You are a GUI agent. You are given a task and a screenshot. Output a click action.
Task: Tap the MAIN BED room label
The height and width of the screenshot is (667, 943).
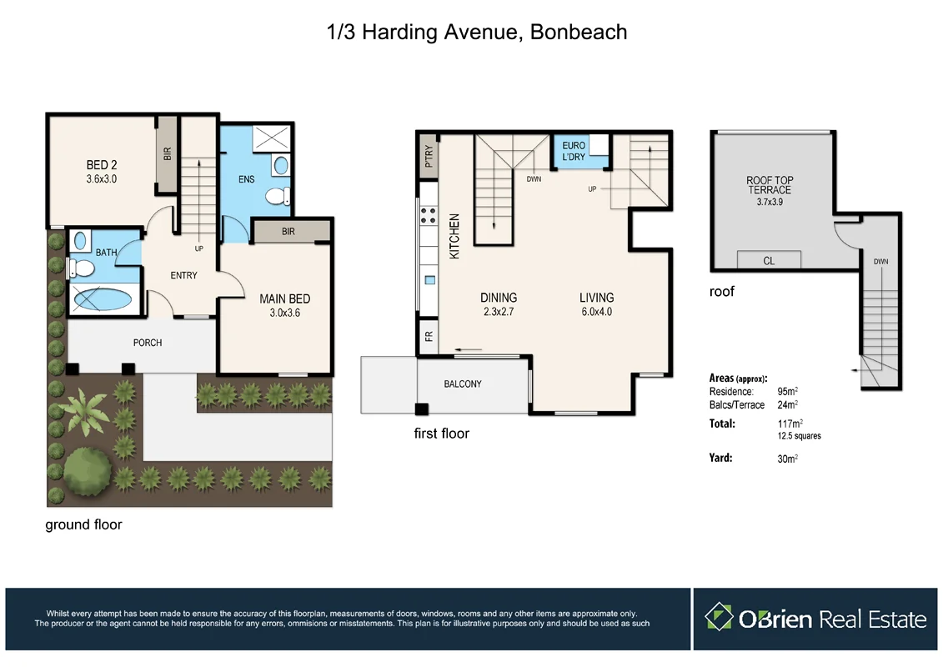click(284, 298)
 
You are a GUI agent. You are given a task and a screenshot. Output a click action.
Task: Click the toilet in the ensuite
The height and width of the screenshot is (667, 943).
click(276, 196)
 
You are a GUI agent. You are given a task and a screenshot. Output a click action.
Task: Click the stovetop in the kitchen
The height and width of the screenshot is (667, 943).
click(429, 217)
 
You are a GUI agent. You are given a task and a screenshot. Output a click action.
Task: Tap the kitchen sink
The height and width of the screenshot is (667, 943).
click(429, 279)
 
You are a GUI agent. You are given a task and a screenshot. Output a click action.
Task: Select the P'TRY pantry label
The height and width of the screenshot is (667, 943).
click(429, 158)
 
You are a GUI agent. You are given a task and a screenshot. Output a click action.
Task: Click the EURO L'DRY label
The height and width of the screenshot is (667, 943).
click(574, 151)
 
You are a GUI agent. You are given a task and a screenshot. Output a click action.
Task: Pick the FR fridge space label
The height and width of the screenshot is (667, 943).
click(429, 338)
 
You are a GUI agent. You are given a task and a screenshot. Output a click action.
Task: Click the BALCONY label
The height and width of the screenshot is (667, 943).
click(462, 384)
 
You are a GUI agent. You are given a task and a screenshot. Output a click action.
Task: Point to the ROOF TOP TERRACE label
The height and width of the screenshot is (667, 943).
click(768, 184)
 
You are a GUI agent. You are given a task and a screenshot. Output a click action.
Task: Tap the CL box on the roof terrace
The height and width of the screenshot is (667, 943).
click(769, 261)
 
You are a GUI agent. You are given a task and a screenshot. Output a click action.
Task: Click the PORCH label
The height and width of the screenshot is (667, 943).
click(148, 343)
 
